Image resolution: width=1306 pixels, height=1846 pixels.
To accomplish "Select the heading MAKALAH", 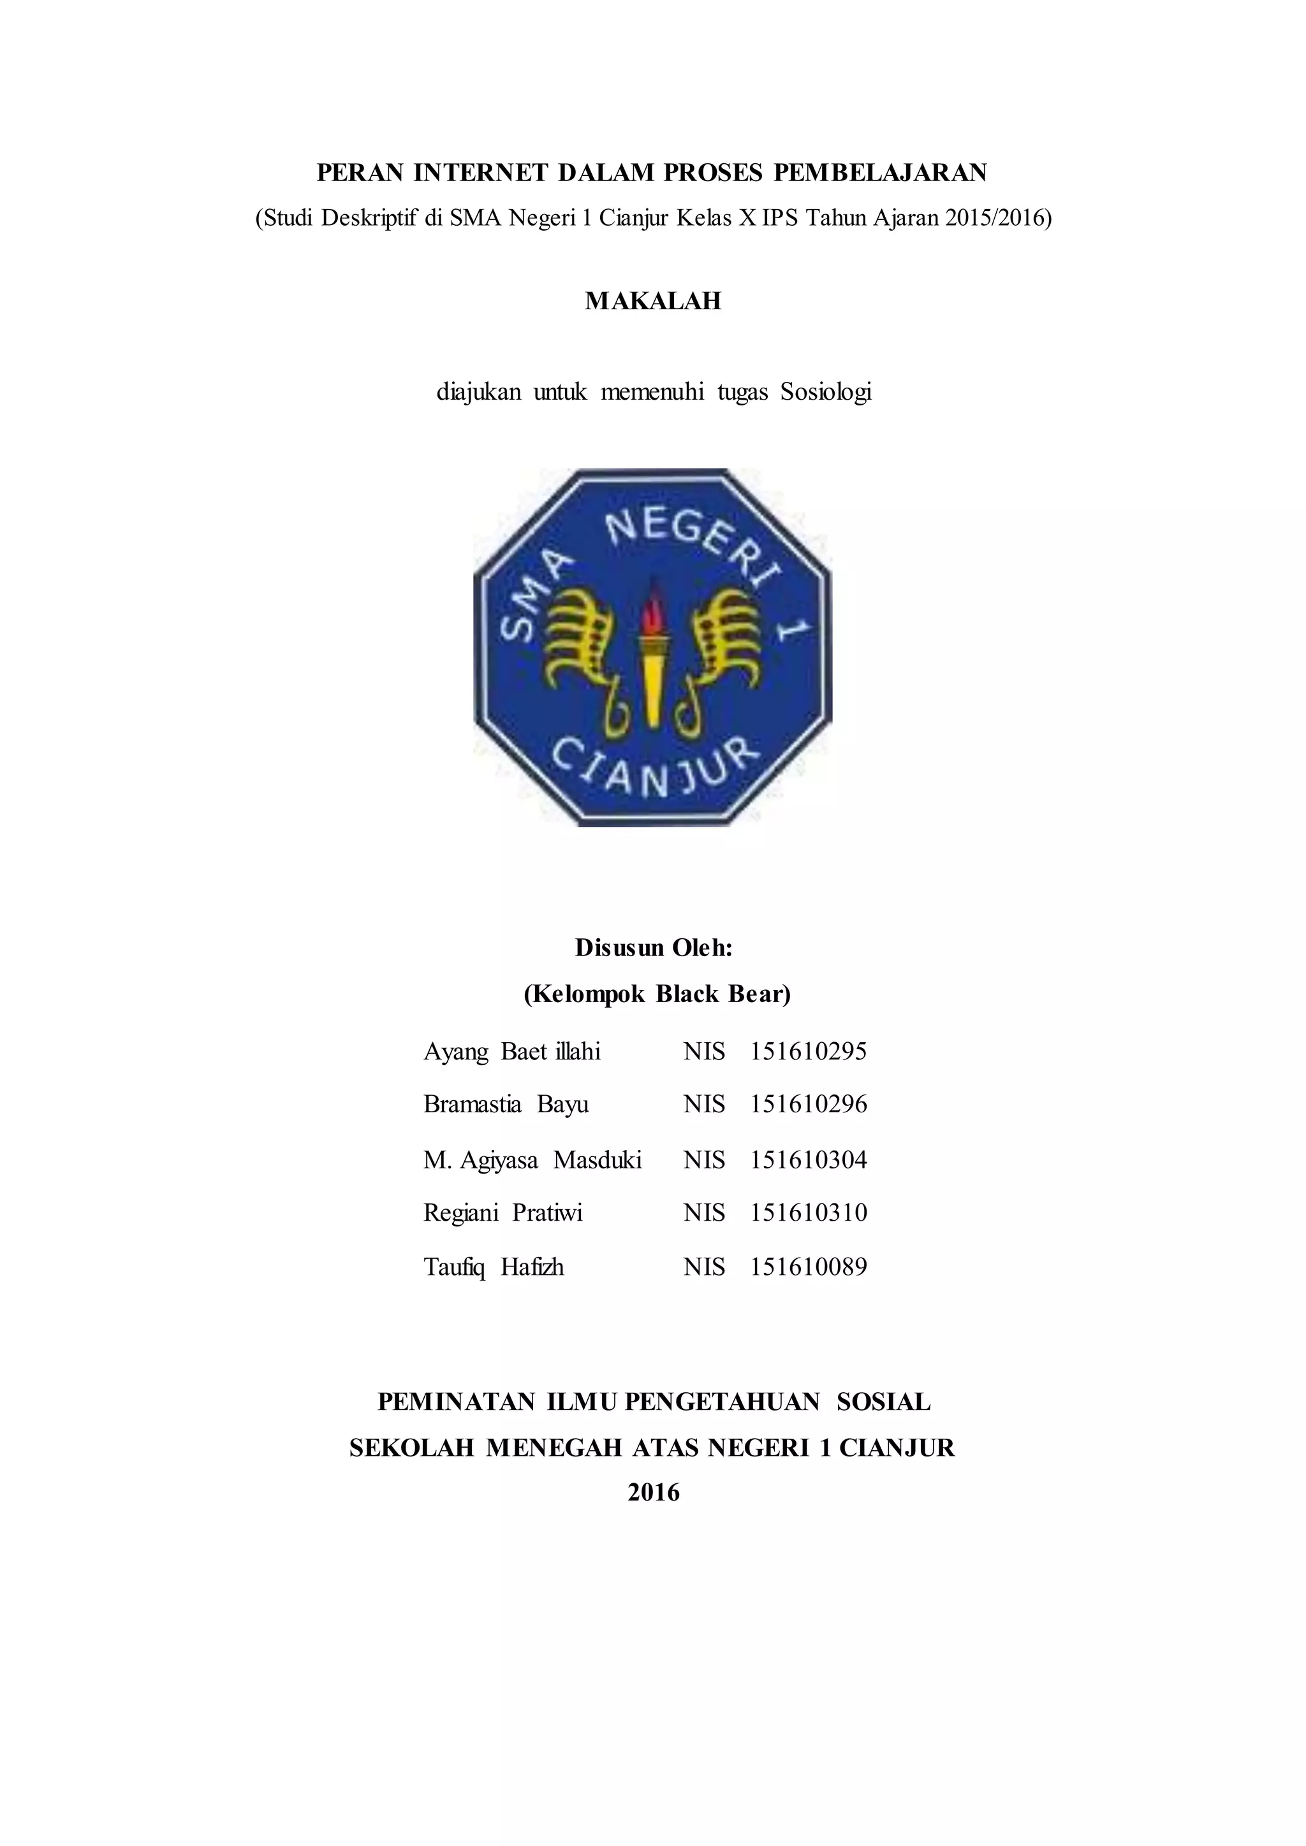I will click(652, 301).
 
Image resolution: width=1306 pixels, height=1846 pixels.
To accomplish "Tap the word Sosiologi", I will click(826, 393).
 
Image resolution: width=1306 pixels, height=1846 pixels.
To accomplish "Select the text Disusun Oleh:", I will click(653, 948).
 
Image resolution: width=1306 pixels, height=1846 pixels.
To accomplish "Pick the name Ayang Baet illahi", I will click(511, 1052).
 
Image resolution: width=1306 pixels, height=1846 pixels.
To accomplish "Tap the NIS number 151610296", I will click(808, 1104).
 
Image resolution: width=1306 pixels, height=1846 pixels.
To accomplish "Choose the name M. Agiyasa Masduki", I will click(532, 1160).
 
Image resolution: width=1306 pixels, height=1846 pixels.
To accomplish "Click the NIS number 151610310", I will click(808, 1212).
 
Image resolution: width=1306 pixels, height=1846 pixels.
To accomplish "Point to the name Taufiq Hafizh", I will click(493, 1267).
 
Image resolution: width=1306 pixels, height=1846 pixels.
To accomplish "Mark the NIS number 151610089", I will click(808, 1267).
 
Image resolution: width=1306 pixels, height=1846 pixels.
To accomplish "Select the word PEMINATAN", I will click(456, 1402).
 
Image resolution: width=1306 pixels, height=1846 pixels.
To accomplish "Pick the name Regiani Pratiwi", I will click(503, 1212).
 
